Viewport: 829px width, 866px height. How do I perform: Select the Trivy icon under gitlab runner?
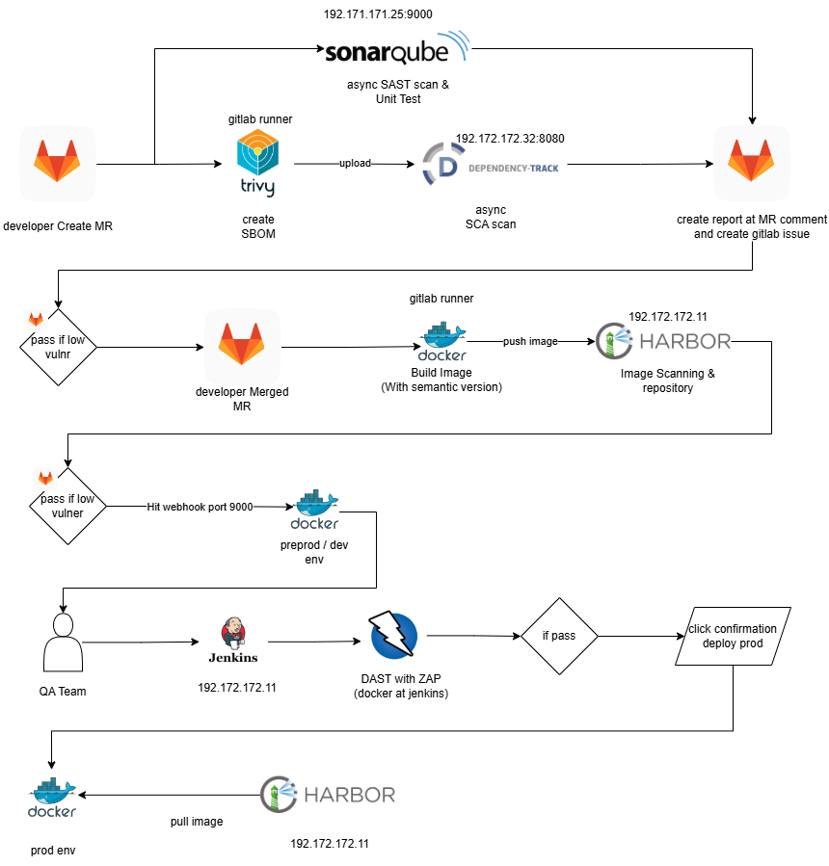[257, 163]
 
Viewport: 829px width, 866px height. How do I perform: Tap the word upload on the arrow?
[355, 164]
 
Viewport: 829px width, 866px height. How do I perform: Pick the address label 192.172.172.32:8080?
[510, 139]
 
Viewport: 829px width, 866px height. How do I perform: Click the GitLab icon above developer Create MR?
[58, 163]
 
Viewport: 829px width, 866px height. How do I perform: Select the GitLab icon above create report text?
[751, 163]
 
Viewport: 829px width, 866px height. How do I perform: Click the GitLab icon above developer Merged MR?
[242, 345]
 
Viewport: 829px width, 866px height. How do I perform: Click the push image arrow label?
[530, 342]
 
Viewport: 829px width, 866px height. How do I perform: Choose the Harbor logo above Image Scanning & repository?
[663, 341]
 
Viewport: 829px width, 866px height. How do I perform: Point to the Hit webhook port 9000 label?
[200, 506]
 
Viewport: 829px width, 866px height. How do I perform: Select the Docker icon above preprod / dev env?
[314, 511]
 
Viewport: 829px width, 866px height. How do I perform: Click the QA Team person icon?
[63, 642]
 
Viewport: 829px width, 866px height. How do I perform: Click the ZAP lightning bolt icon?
[392, 636]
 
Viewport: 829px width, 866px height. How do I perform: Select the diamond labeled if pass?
[559, 637]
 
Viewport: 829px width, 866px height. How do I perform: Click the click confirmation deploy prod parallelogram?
[734, 636]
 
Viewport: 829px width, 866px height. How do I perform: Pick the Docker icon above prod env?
[52, 798]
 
